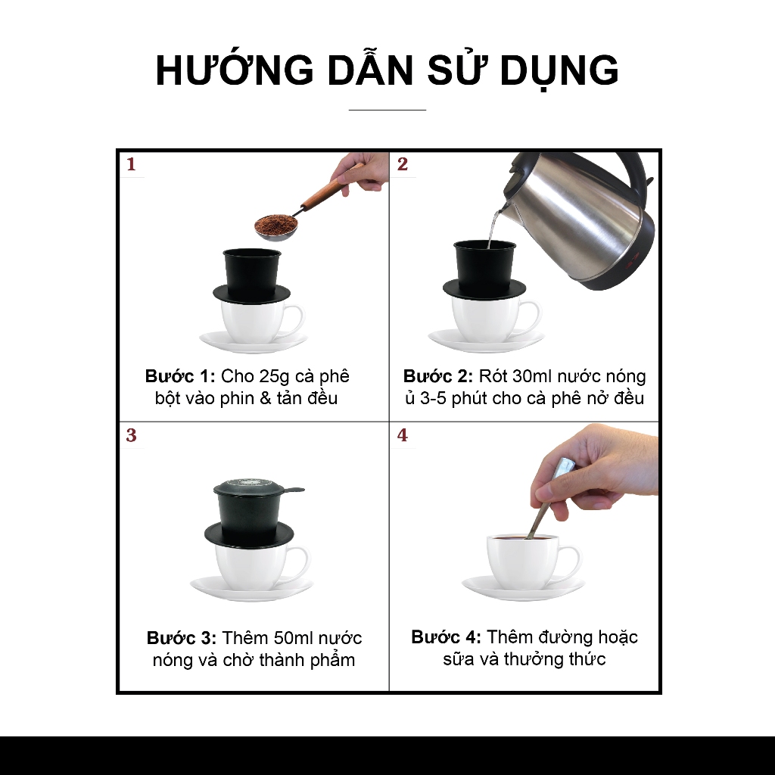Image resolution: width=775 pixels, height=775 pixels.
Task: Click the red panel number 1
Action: click(131, 164)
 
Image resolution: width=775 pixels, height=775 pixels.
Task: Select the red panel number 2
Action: click(403, 164)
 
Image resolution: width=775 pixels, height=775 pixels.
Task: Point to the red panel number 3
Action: click(131, 435)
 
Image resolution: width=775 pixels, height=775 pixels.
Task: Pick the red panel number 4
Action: click(403, 435)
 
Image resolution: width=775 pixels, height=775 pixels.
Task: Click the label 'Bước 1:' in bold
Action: click(180, 376)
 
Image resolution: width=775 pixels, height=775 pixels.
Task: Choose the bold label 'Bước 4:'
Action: click(446, 637)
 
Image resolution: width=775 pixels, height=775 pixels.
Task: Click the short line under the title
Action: click(387, 110)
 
